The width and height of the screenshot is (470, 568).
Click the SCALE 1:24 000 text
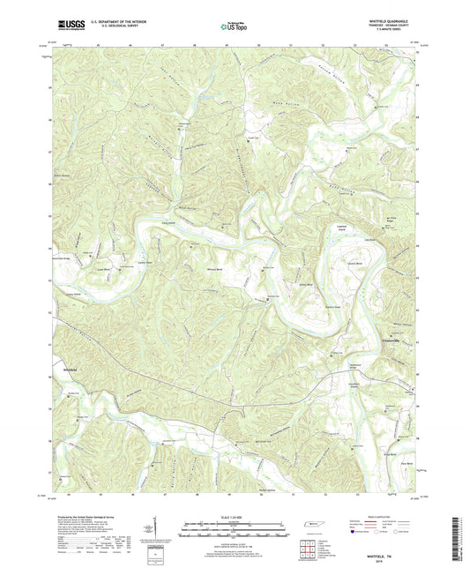235,518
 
